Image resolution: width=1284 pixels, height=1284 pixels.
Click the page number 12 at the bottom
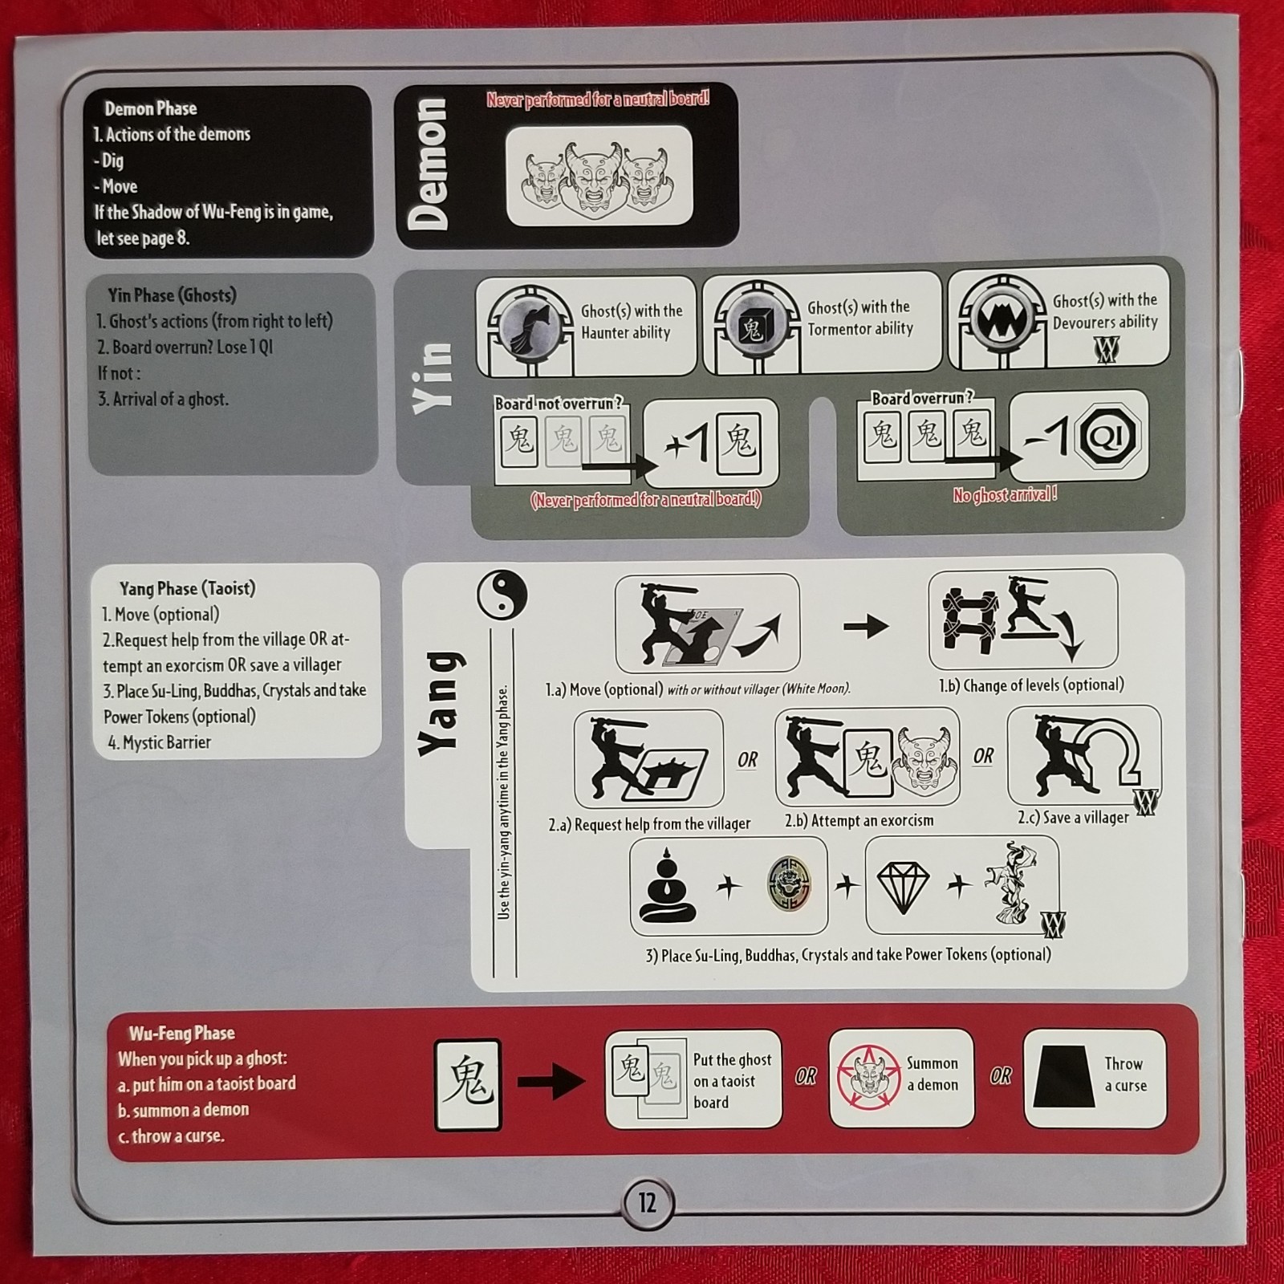click(x=647, y=1203)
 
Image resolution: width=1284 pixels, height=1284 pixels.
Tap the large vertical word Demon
click(x=427, y=164)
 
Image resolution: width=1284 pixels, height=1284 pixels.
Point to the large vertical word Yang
click(x=441, y=704)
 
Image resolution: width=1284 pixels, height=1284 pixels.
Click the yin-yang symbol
click(x=502, y=595)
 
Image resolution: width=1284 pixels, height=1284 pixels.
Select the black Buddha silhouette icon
click(x=667, y=888)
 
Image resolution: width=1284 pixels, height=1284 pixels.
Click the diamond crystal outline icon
click(x=903, y=888)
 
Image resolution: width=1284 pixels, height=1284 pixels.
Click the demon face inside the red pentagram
click(x=868, y=1075)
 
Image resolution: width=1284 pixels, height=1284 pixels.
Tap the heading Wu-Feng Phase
click(x=182, y=1033)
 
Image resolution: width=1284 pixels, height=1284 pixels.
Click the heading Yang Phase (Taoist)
click(x=187, y=588)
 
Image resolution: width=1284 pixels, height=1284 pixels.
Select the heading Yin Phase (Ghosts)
click(x=172, y=295)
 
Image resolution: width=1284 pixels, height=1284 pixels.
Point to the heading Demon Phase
click(x=150, y=108)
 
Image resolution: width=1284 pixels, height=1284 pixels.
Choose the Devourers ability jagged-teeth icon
click(x=1001, y=319)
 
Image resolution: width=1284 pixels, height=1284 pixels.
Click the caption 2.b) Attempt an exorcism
click(x=859, y=821)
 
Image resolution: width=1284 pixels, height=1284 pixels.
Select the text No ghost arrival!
click(x=1005, y=495)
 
